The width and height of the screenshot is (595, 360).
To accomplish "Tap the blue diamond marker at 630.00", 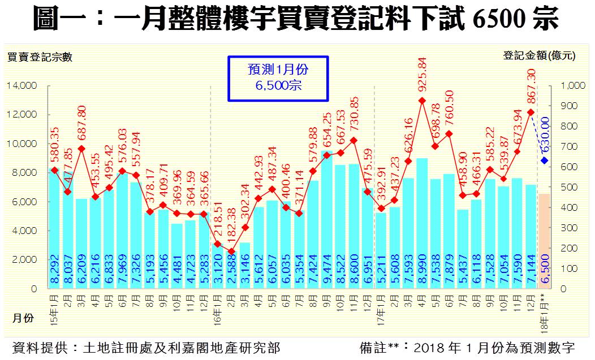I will tap(544, 161).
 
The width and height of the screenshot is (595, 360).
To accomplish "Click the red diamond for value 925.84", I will tap(422, 101).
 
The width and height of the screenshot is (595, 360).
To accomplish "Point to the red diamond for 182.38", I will tap(231, 251).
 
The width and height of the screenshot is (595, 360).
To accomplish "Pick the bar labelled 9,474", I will tap(326, 220).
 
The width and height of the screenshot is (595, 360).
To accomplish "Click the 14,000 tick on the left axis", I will tap(22, 85).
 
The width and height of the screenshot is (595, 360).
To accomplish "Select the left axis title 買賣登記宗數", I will tap(40, 57).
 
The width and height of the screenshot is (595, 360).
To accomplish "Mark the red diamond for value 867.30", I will tap(531, 112).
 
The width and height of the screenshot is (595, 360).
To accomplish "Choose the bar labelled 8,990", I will tap(422, 223).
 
